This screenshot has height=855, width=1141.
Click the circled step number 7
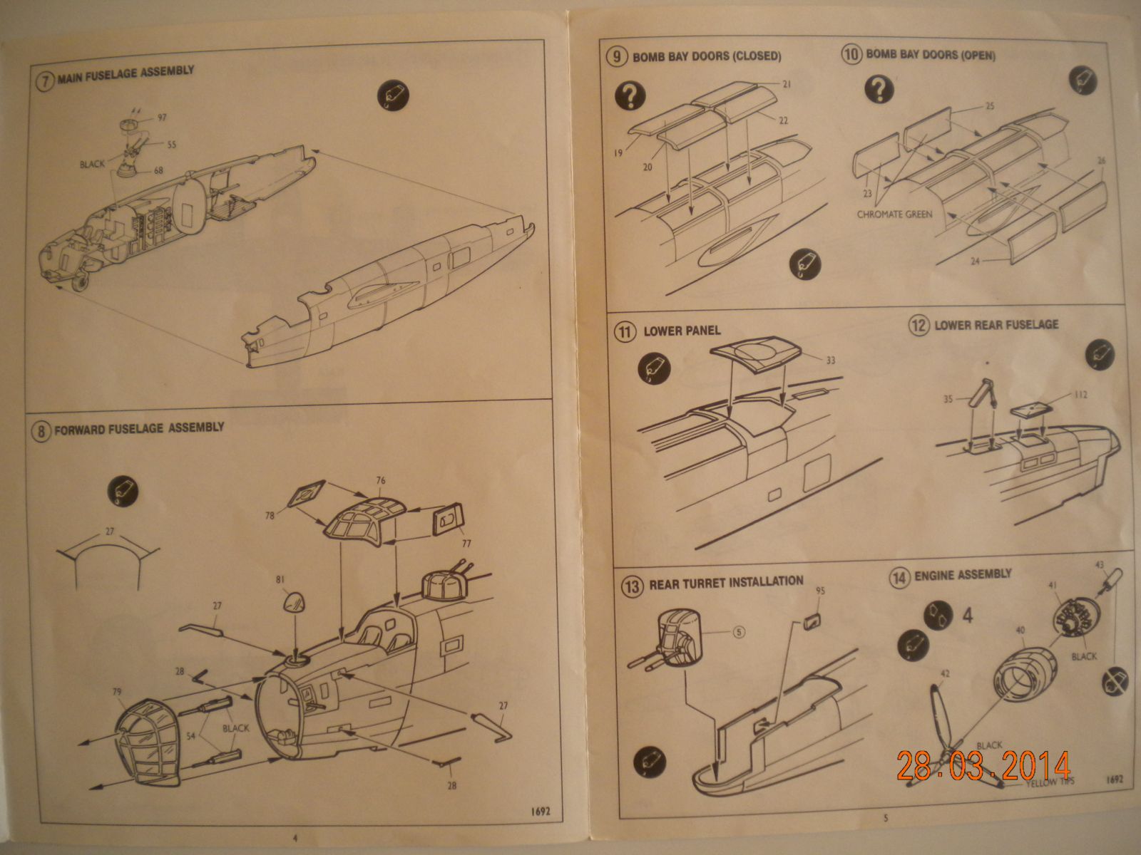point(44,80)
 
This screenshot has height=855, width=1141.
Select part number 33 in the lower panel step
point(830,361)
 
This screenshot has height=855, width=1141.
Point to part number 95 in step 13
point(820,591)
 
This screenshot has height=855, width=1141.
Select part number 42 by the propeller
point(946,672)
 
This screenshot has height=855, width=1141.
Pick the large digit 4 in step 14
point(968,615)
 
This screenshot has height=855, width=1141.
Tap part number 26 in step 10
point(1101,160)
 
